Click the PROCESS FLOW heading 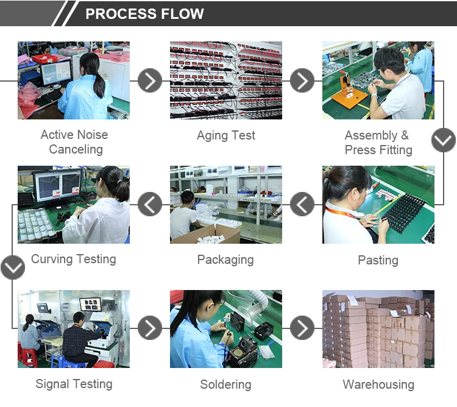(x=144, y=14)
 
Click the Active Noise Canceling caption (x=74, y=142)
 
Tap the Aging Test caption (x=226, y=135)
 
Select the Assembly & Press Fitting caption (x=378, y=143)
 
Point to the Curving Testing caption (x=74, y=259)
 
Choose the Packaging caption (x=225, y=260)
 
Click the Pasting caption (x=378, y=260)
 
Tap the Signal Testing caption (x=74, y=384)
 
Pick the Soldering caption (x=225, y=384)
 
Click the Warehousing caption (x=378, y=384)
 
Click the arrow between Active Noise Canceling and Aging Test (x=150, y=80)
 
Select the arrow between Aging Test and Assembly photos (x=302, y=80)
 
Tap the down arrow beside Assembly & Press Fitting (x=443, y=140)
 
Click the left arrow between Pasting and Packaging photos (x=302, y=204)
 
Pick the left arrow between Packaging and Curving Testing (x=150, y=204)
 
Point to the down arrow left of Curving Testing (x=12, y=267)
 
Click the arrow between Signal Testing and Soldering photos (x=150, y=328)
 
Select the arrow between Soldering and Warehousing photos (x=302, y=328)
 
